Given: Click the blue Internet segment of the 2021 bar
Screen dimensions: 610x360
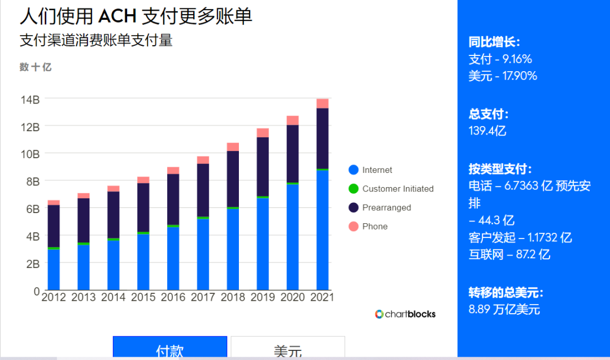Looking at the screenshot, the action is coord(323,230).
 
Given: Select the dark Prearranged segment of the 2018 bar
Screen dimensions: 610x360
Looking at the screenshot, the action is coord(233,179).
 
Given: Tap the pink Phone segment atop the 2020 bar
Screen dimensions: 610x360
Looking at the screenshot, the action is coord(293,120).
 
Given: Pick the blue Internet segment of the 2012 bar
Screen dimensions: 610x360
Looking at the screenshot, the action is coord(54,270).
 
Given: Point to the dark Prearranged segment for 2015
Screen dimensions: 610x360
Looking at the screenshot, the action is coord(143,207).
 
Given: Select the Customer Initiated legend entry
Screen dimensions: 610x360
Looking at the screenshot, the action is coord(391,189).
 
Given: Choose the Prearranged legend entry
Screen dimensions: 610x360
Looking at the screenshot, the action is coord(380,207).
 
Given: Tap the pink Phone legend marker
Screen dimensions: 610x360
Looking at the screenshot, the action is coord(354,226).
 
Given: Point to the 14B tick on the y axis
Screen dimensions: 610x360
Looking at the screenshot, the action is coord(30,100).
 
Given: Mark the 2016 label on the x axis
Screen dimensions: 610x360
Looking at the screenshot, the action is coord(173,297).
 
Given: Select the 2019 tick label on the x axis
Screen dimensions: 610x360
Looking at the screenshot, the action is coord(263,297).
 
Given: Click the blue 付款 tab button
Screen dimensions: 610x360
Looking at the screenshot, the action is coord(170,347).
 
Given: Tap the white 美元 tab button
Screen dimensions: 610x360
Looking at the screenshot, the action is coord(288,347).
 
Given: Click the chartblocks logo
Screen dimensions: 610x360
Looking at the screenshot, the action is coord(405,314).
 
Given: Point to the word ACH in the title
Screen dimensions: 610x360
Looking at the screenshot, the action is coord(117,16).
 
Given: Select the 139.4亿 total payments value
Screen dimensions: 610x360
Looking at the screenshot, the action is coord(487,131).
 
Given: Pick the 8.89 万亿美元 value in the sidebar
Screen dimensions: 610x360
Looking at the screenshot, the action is coord(504,309).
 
